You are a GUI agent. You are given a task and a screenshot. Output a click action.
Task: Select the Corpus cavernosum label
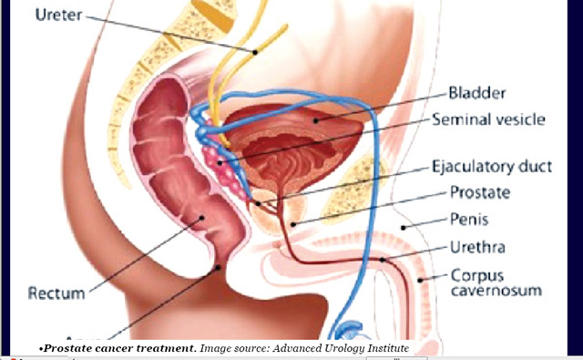[496, 282]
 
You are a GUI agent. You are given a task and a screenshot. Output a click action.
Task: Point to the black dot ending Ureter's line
[256, 51]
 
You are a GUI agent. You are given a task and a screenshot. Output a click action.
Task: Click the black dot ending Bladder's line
[314, 118]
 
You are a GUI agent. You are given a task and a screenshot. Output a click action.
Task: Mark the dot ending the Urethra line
[383, 260]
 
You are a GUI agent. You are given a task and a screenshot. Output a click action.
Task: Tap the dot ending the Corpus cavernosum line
[421, 278]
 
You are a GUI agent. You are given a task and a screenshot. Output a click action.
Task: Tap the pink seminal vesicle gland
[220, 164]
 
